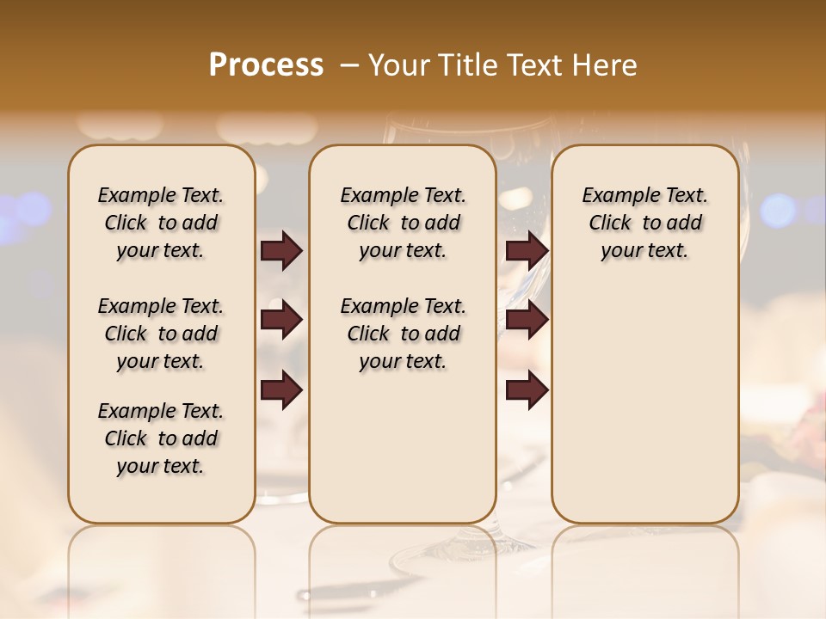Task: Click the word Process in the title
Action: (x=266, y=65)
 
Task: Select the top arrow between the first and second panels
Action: (x=281, y=250)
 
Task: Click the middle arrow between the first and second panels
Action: (x=281, y=320)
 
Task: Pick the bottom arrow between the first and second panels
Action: (x=281, y=389)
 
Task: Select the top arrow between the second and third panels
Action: (x=527, y=250)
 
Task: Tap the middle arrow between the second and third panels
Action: (x=527, y=320)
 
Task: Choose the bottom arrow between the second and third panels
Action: (x=527, y=389)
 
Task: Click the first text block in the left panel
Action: (x=161, y=223)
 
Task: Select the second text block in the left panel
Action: (x=161, y=334)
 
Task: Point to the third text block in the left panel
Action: (x=161, y=438)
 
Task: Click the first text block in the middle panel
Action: (x=403, y=223)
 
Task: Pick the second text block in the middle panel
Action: (x=403, y=334)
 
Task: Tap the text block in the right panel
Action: (x=644, y=223)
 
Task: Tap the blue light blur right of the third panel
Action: (x=779, y=210)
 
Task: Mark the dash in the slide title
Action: (x=349, y=65)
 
